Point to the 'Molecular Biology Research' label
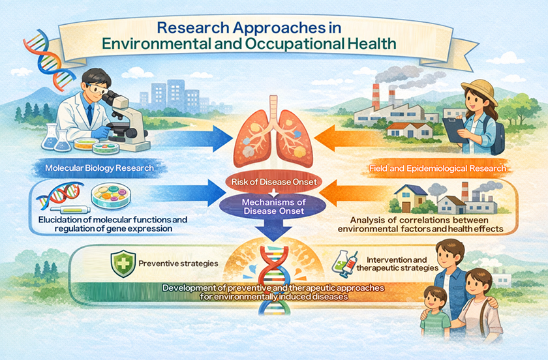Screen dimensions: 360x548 100,168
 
